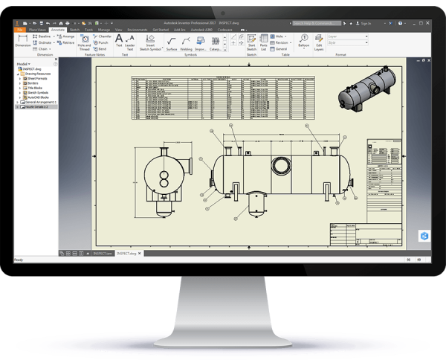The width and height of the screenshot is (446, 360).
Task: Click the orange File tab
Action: (20, 29)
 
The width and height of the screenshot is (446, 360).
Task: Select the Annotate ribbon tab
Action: (58, 29)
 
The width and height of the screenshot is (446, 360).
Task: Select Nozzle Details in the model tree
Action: (38, 106)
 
